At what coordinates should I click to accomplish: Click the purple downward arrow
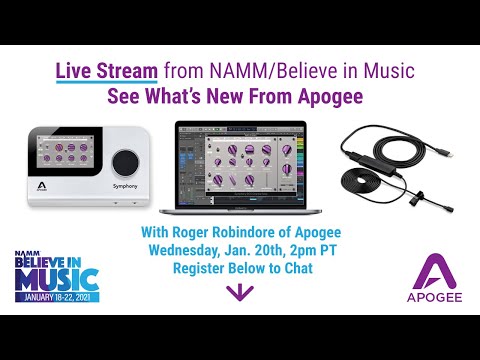(x=239, y=292)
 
